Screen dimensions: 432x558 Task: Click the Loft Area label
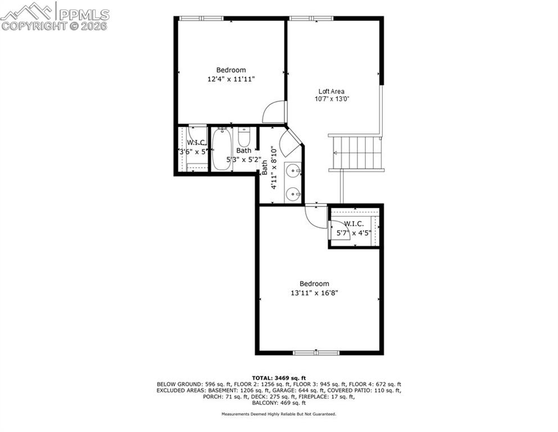point(331,91)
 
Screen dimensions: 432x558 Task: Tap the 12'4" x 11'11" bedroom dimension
point(231,79)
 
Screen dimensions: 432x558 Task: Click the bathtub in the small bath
point(221,149)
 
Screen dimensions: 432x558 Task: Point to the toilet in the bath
point(244,137)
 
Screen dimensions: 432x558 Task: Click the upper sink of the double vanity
point(293,170)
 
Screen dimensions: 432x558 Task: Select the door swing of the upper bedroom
point(274,111)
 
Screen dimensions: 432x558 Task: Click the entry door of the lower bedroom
point(316,217)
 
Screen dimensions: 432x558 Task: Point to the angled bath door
point(290,143)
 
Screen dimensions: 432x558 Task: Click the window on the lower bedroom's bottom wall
point(316,353)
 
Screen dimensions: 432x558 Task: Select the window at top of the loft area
point(311,19)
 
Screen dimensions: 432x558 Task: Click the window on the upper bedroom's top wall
point(201,19)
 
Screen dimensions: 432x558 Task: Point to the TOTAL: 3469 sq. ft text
point(279,377)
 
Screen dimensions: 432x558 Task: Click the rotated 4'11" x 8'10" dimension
point(269,168)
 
